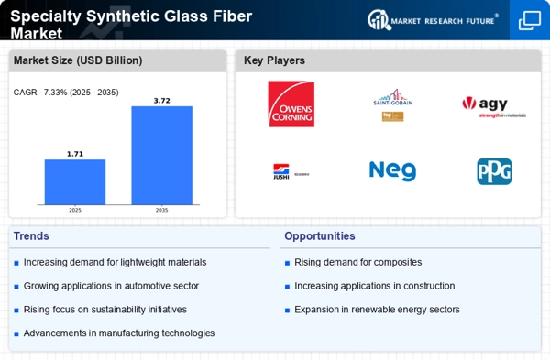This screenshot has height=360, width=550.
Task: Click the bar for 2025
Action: pos(75,181)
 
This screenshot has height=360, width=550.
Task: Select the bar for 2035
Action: pos(161,155)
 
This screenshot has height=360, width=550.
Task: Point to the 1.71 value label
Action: pos(75,153)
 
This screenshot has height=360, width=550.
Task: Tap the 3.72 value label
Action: pos(161,99)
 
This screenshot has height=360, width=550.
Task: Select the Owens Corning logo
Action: pos(290,104)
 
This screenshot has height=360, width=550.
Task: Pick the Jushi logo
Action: pos(290,171)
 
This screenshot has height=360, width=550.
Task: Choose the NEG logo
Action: pos(392,171)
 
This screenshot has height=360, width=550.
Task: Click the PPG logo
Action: pos(494,171)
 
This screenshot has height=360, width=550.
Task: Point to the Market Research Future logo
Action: pos(433,20)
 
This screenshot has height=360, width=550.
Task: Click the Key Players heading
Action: pos(274,60)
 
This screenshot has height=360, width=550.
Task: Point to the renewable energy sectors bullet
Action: pos(377,310)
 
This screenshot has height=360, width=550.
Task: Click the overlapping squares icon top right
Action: pos(530,20)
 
